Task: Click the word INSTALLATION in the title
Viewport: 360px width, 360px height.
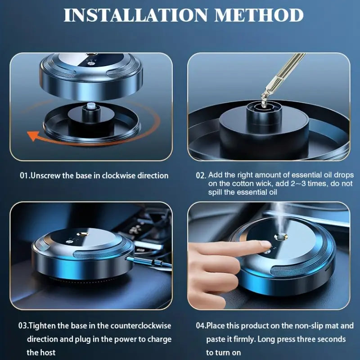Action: [x=135, y=15]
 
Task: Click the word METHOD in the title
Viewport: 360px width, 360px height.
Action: [x=259, y=15]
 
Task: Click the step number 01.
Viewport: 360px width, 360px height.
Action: [x=24, y=175]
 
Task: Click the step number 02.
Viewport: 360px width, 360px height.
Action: [x=201, y=175]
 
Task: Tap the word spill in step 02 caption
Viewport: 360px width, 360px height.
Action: [x=216, y=192]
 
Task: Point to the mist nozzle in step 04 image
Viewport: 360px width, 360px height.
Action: [x=280, y=237]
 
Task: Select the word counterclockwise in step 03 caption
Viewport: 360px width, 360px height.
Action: [x=141, y=326]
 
